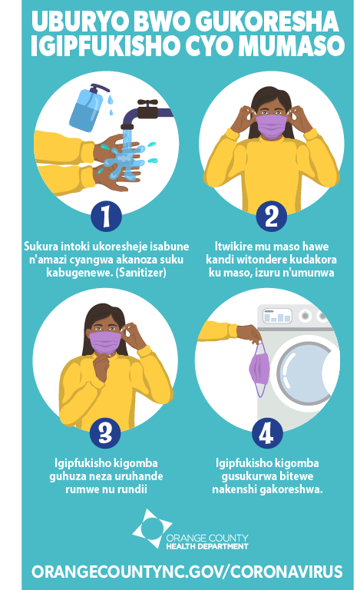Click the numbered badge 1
tap(106, 216)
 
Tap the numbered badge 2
tap(271, 216)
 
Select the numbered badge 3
tap(105, 433)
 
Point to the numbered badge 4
tap(267, 433)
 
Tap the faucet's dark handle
tap(147, 102)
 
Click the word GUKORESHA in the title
tap(267, 22)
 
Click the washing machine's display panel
tap(277, 316)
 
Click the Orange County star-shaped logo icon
tap(152, 529)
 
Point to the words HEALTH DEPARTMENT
tap(207, 546)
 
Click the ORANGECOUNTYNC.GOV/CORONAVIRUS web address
tap(187, 572)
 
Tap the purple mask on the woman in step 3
tap(105, 343)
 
